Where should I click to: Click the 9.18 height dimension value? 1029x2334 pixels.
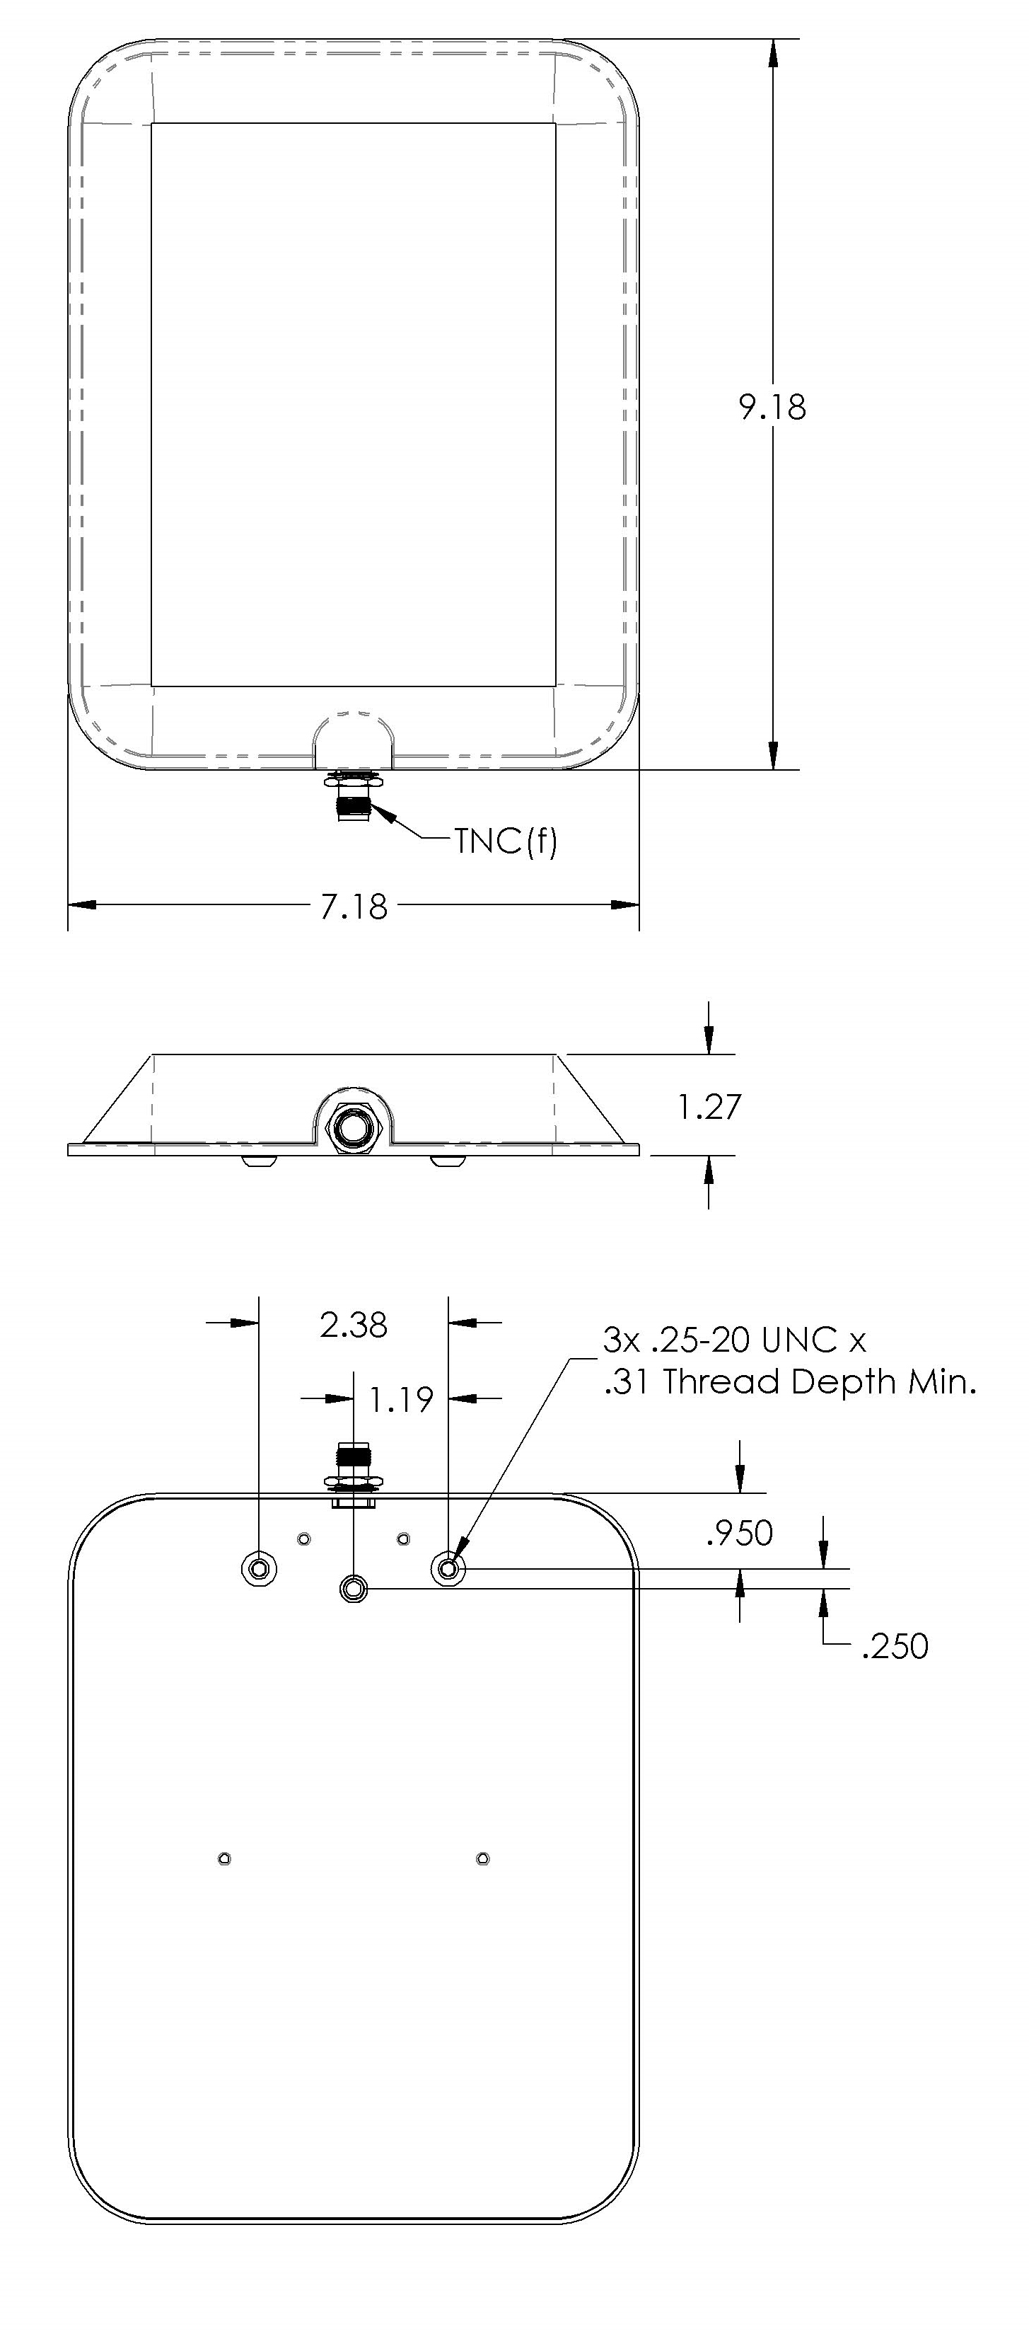point(772,407)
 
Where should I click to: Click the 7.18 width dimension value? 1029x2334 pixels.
point(354,906)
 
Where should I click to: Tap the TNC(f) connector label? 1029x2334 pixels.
point(506,841)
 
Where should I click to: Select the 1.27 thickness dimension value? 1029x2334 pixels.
point(709,1106)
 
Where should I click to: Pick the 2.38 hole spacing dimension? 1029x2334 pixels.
point(354,1325)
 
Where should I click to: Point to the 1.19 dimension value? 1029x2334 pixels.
point(400,1400)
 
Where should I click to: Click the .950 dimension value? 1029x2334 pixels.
point(739,1533)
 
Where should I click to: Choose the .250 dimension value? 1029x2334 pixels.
point(895,1646)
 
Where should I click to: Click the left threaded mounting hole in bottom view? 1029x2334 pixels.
point(259,1568)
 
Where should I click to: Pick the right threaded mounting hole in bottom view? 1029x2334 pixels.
point(448,1567)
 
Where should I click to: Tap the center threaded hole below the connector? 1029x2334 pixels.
point(354,1587)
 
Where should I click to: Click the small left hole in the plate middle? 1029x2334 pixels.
point(225,1859)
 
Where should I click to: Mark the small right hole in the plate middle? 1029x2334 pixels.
point(483,1859)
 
